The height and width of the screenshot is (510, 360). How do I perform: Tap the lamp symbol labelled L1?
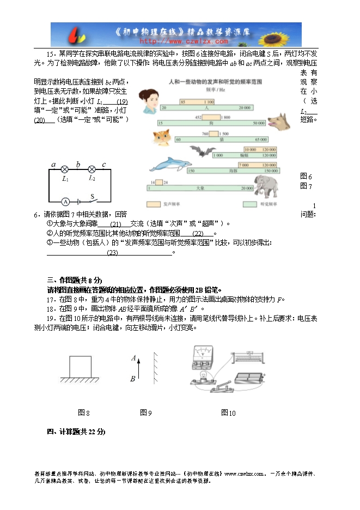point(65,169)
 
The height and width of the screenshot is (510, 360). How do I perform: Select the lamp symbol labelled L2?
point(92,169)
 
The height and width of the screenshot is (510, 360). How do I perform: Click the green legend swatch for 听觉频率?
point(250,204)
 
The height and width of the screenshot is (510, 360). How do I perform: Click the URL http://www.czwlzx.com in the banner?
point(184,41)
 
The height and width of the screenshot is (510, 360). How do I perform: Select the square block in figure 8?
point(80,366)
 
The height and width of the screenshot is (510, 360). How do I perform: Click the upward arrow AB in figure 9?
point(140,368)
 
